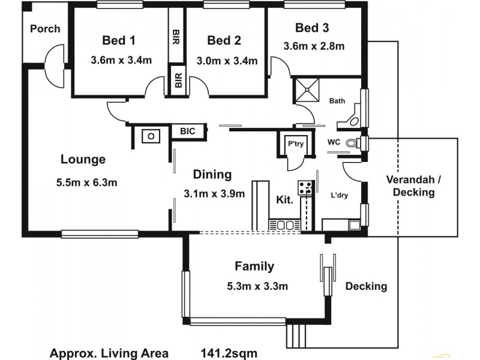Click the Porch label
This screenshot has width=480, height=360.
(x=45, y=28)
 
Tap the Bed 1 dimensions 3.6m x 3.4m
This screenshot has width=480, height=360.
(x=121, y=60)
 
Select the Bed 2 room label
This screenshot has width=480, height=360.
(x=224, y=40)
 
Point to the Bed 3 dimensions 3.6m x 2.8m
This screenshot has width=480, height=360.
(x=314, y=46)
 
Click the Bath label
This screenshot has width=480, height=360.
(x=337, y=101)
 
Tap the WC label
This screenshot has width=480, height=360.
(x=334, y=142)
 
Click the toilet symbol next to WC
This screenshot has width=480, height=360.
(x=360, y=143)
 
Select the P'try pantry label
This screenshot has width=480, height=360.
(x=294, y=144)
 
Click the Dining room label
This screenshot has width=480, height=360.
(x=212, y=175)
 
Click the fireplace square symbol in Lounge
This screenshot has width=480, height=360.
(x=151, y=136)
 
